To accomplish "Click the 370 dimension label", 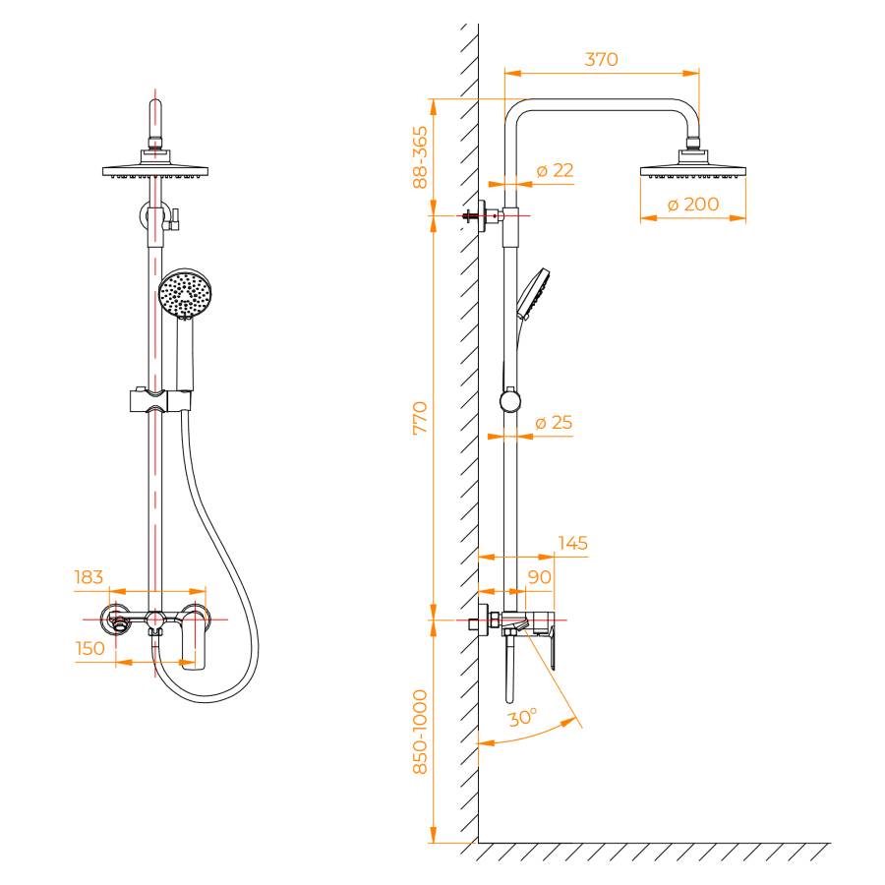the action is point(601,59).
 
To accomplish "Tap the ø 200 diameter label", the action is point(693,204).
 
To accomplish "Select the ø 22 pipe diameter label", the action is point(555,170).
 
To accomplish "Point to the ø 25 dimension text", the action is point(554,422).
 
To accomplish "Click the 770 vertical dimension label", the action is point(421,418).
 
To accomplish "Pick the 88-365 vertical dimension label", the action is point(421,157).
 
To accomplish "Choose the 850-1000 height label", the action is point(421,732).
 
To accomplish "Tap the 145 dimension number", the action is point(573,543).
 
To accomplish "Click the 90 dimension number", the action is point(540,577).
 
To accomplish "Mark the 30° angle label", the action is point(522,718).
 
